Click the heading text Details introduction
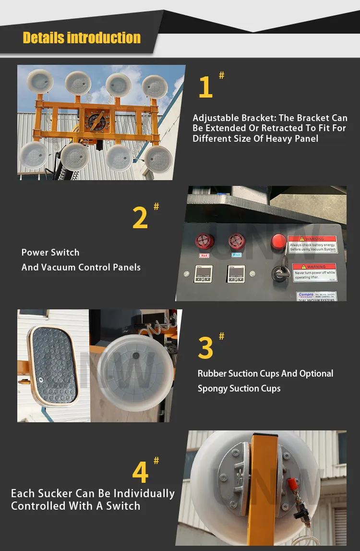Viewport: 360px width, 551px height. [82, 38]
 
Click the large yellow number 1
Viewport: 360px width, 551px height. [205, 87]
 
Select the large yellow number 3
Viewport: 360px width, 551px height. [205, 348]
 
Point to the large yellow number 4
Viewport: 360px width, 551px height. [140, 473]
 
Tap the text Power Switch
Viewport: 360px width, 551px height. [50, 253]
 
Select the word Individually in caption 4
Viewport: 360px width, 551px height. [144, 494]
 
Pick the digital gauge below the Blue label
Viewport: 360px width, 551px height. [236, 274]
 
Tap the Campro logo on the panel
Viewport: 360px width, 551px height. [306, 295]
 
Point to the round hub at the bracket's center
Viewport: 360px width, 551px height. [96, 121]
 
